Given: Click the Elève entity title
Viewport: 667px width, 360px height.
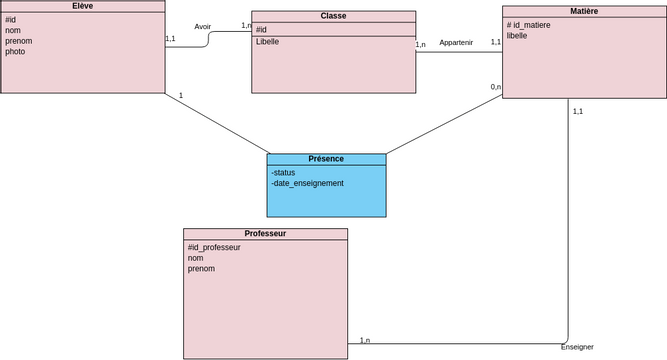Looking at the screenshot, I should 83,6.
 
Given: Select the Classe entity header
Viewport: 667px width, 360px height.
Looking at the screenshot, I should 333,16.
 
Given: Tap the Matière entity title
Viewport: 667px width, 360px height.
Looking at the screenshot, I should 584,11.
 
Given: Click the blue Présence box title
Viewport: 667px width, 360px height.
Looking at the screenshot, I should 326,159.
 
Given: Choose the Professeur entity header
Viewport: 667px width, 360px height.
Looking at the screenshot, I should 265,233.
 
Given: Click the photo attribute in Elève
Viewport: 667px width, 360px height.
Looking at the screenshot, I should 15,52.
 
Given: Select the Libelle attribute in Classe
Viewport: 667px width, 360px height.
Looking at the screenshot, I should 268,42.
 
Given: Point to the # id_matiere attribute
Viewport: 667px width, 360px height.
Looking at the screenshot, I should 529,24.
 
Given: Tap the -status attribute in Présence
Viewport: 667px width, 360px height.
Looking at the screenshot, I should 283,172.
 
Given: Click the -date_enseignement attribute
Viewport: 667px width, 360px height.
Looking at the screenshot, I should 307,183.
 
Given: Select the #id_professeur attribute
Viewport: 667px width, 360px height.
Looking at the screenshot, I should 214,247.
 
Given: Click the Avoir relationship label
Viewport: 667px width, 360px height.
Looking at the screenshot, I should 203,27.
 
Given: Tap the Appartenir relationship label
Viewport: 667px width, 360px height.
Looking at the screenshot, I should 456,43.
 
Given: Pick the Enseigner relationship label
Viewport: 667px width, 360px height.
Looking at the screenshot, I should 577,347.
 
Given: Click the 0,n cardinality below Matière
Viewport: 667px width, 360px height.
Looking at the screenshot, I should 495,87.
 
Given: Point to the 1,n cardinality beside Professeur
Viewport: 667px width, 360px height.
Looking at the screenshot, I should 364,341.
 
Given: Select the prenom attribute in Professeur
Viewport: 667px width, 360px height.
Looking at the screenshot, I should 201,269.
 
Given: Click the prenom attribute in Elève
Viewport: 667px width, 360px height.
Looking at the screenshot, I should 18,41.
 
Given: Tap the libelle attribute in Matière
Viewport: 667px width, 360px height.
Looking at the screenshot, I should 516,35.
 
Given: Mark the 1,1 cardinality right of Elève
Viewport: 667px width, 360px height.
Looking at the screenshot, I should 170,39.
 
